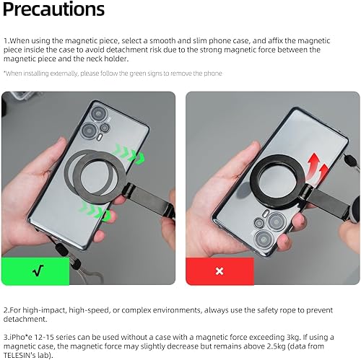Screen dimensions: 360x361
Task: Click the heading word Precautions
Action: tap(54, 10)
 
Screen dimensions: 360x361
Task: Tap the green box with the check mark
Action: tap(38, 271)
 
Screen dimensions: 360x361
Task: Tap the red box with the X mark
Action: tap(219, 271)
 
